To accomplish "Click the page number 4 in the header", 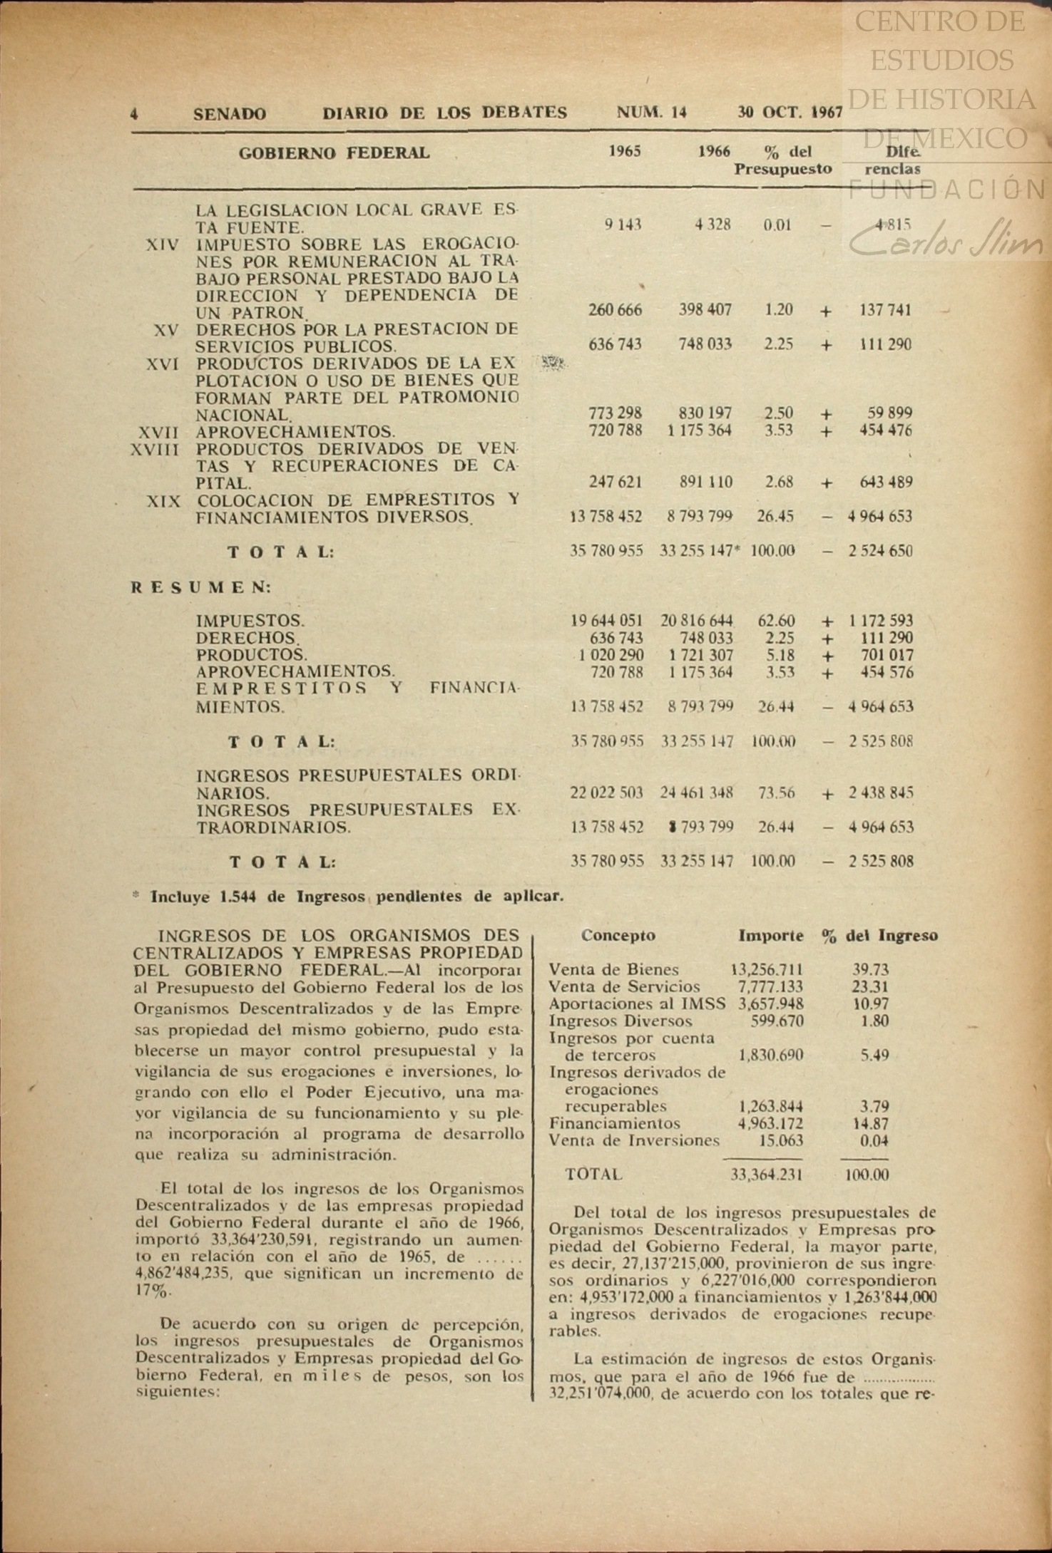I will [x=135, y=114].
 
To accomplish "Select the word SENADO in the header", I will [x=230, y=114].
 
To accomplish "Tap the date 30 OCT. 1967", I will [x=790, y=113].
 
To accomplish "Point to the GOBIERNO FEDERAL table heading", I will [x=334, y=153].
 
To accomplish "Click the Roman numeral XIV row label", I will [x=163, y=245].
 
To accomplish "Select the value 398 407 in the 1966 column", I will [x=705, y=310].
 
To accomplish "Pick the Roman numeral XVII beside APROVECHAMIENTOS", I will [x=158, y=432].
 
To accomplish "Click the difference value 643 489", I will [x=886, y=483].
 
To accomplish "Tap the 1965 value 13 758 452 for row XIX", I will [x=606, y=517].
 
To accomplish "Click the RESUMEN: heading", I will [x=202, y=588].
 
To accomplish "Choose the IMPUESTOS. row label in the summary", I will [x=250, y=621].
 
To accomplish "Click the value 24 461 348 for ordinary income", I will [x=697, y=793].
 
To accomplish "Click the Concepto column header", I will [x=618, y=936].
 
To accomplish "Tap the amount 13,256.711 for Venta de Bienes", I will [x=767, y=970].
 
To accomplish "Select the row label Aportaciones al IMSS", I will [x=637, y=1004].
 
